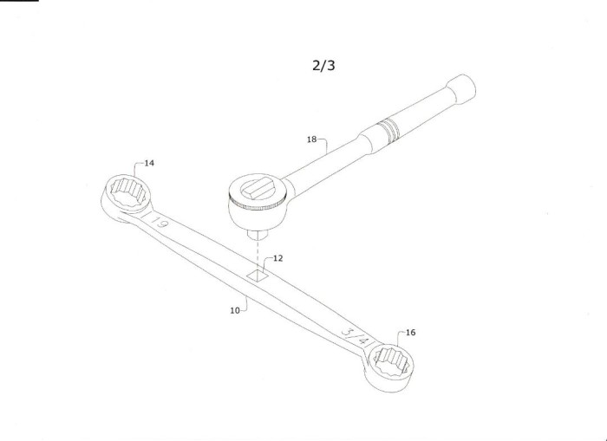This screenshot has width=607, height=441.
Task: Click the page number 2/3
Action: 323,65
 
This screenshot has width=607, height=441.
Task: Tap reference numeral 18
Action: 311,139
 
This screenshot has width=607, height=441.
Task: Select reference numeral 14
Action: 149,163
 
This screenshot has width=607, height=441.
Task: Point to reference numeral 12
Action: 278,258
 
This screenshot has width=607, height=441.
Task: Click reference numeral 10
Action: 235,310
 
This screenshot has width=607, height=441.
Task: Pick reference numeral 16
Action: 410,333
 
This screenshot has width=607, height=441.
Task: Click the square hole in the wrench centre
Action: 258,275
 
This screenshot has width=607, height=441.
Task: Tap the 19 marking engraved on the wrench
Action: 159,223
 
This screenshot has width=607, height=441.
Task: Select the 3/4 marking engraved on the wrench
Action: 354,336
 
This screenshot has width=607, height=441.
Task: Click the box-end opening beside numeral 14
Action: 127,192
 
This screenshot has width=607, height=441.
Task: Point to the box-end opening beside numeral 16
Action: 391,361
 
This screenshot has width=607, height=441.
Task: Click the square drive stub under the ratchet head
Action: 258,235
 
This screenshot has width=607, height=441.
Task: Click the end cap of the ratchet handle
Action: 461,89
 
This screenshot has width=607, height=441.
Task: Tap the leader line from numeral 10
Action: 245,303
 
